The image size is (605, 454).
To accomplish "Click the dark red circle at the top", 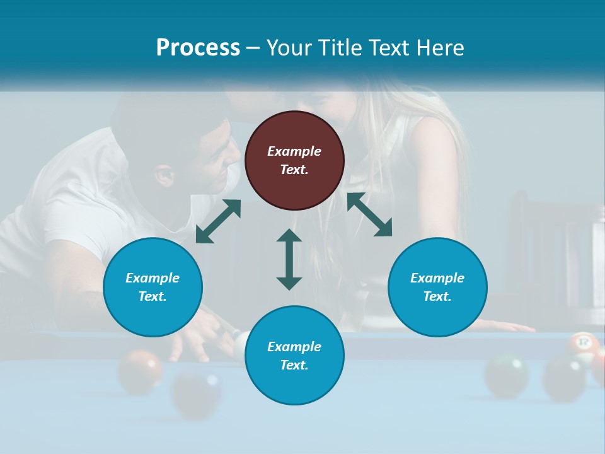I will (294, 160).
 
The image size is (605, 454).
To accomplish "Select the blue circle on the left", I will (153, 287).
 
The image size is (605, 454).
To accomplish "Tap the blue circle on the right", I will (437, 287).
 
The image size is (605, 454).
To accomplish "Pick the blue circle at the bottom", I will (294, 356).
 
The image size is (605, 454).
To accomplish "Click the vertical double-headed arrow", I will (289, 259).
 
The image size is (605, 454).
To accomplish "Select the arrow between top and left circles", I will (218, 221).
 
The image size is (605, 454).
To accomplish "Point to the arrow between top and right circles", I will (369, 214).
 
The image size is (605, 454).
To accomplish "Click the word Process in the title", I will (198, 47).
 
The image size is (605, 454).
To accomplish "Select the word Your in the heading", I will (289, 47).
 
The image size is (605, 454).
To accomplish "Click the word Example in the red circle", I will (294, 151).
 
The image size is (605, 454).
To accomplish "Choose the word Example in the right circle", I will (437, 278).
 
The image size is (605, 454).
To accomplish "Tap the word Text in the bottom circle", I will (293, 365).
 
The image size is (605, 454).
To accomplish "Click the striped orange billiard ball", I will (582, 345).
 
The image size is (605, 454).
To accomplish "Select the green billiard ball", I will (507, 375).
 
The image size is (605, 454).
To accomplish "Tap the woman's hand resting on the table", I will (504, 325).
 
